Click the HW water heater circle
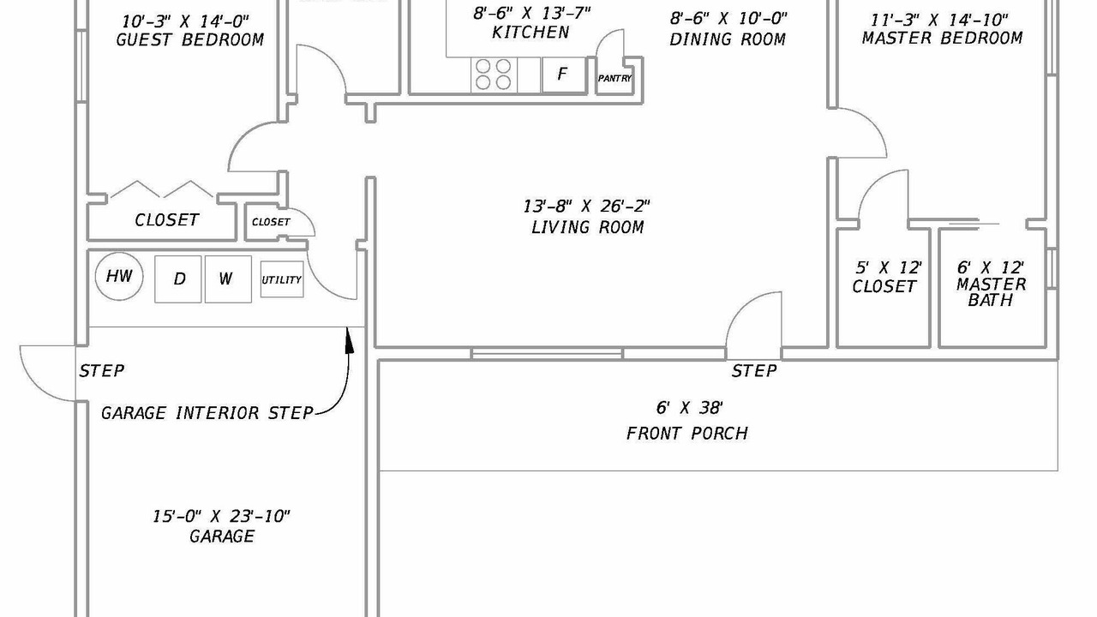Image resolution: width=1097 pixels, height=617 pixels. pyautogui.click(x=119, y=276)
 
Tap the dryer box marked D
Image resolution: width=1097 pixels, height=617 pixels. pyautogui.click(x=177, y=279)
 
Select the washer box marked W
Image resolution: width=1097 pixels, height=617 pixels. pyautogui.click(x=228, y=279)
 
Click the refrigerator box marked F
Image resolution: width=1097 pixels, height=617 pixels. pyautogui.click(x=564, y=75)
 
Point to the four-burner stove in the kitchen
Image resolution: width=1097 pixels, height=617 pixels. pyautogui.click(x=494, y=75)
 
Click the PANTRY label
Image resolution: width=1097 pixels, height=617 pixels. pyautogui.click(x=614, y=78)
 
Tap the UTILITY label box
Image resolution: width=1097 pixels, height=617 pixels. pyautogui.click(x=282, y=279)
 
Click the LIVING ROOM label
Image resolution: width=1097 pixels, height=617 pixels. pyautogui.click(x=587, y=227)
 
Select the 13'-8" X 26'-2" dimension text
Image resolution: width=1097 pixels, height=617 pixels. pyautogui.click(x=586, y=207)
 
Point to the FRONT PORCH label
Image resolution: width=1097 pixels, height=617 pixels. pyautogui.click(x=687, y=434)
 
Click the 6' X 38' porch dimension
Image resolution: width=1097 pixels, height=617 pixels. pyautogui.click(x=689, y=407)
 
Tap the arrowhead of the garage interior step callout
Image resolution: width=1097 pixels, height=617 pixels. pyautogui.click(x=349, y=339)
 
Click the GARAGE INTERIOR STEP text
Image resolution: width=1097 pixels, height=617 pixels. pyautogui.click(x=207, y=413)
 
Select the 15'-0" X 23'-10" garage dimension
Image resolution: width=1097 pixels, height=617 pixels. pyautogui.click(x=221, y=516)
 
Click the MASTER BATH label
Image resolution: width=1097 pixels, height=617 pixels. pyautogui.click(x=992, y=292)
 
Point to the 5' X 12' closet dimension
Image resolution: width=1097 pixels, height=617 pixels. pyautogui.click(x=889, y=267)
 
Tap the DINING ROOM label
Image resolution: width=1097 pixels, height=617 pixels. pyautogui.click(x=728, y=39)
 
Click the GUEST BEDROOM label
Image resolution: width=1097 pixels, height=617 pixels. pyautogui.click(x=190, y=39)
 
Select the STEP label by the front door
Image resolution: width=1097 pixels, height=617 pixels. pyautogui.click(x=754, y=371)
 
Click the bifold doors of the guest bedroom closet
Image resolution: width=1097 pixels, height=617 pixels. pyautogui.click(x=163, y=189)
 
